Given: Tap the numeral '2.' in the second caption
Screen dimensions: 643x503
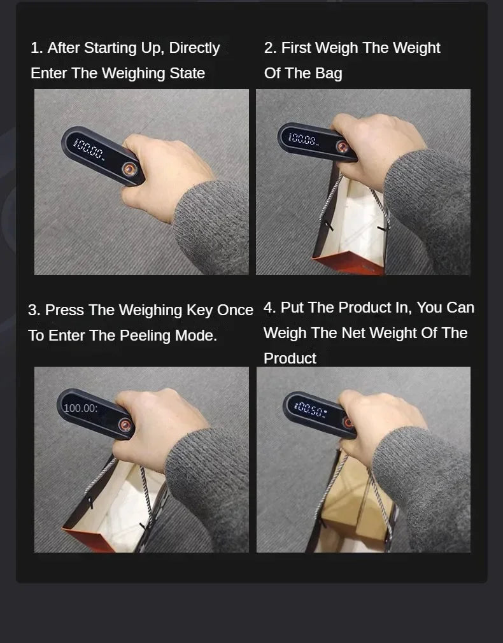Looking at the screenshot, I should click(x=270, y=48).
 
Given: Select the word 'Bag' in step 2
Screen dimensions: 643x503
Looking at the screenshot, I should click(x=328, y=73).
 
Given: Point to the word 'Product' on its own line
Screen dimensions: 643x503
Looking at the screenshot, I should click(x=290, y=358).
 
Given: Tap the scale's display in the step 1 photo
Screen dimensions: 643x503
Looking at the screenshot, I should click(x=90, y=150).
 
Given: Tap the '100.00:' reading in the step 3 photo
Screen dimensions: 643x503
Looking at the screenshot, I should click(x=81, y=408).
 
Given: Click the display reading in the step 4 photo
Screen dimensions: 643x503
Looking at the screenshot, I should click(x=310, y=408).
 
